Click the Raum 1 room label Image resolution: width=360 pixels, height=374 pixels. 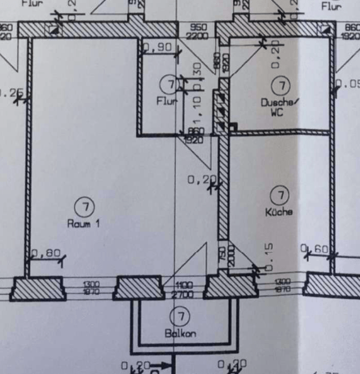tap(84, 224)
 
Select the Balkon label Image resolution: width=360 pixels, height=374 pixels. tap(181, 333)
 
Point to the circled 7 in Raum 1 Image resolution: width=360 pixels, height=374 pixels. tap(85, 206)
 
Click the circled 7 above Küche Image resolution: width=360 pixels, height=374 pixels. tap(281, 195)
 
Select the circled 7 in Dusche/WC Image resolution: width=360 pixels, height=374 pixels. tap(284, 86)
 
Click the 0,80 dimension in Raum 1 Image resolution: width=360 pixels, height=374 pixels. tap(45, 254)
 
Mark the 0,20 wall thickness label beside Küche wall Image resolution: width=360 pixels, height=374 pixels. tap(201, 180)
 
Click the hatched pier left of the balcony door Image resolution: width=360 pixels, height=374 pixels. tap(139, 288)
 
